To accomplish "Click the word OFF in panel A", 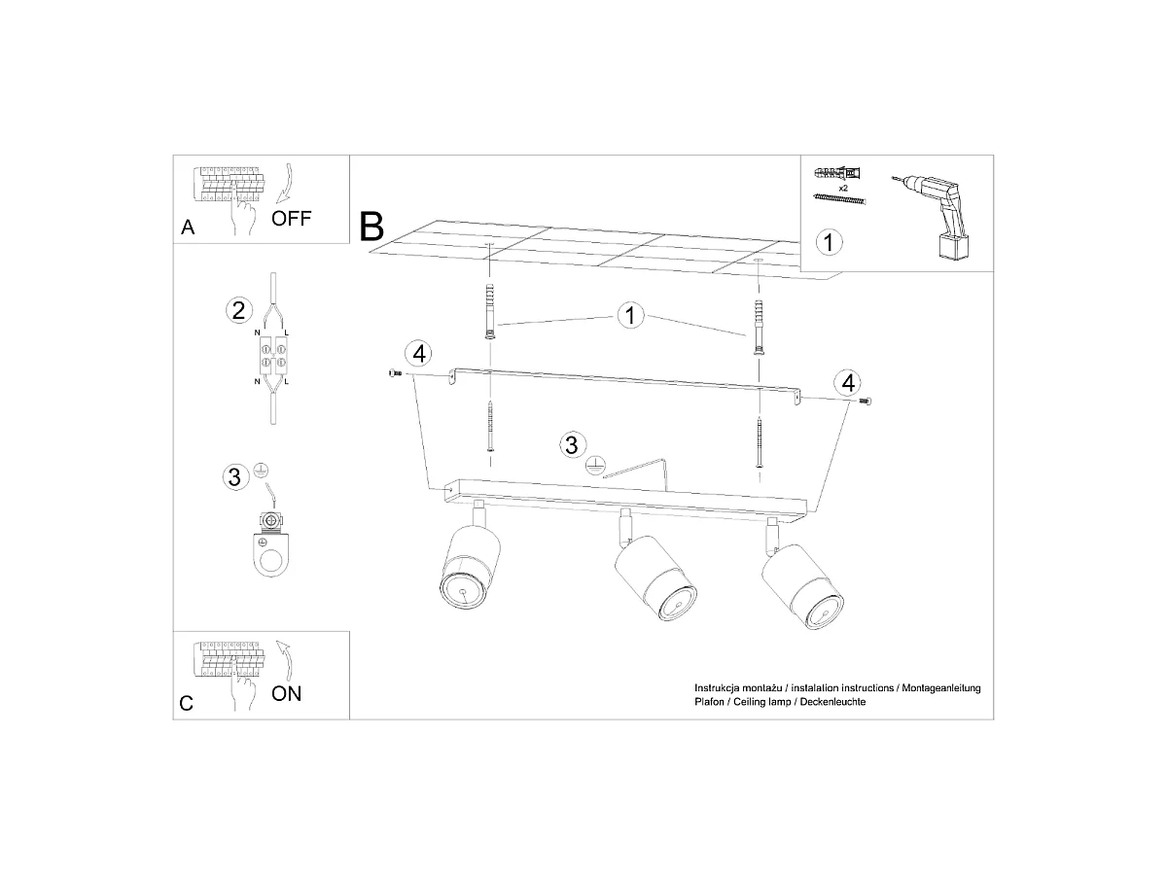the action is (291, 219).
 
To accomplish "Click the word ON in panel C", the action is (286, 693).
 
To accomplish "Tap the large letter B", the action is (371, 227).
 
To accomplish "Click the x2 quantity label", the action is (843, 188).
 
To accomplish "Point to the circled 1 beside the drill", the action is (829, 242).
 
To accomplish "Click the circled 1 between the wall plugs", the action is (630, 316).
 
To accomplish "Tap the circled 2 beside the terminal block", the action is (238, 310).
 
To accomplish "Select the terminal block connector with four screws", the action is (272, 356).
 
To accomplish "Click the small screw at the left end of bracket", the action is (395, 374).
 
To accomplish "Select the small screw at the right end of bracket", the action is (866, 402).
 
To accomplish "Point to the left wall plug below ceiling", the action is (490, 311).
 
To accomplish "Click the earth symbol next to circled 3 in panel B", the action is (594, 466).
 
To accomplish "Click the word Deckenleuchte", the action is (832, 702).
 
